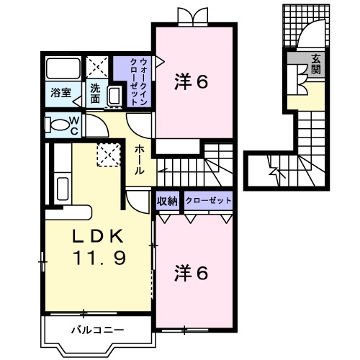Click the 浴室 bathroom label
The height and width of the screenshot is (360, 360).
point(60,92)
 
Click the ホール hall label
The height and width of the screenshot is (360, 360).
point(140,159)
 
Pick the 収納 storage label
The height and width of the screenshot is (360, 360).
point(167,201)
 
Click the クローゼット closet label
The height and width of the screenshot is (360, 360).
point(209,201)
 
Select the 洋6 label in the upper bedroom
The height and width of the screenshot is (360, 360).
point(192,82)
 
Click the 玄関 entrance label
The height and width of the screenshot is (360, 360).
point(316,65)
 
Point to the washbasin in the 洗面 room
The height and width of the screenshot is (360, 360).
point(114,96)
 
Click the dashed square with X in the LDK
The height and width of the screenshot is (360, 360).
point(109,154)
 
